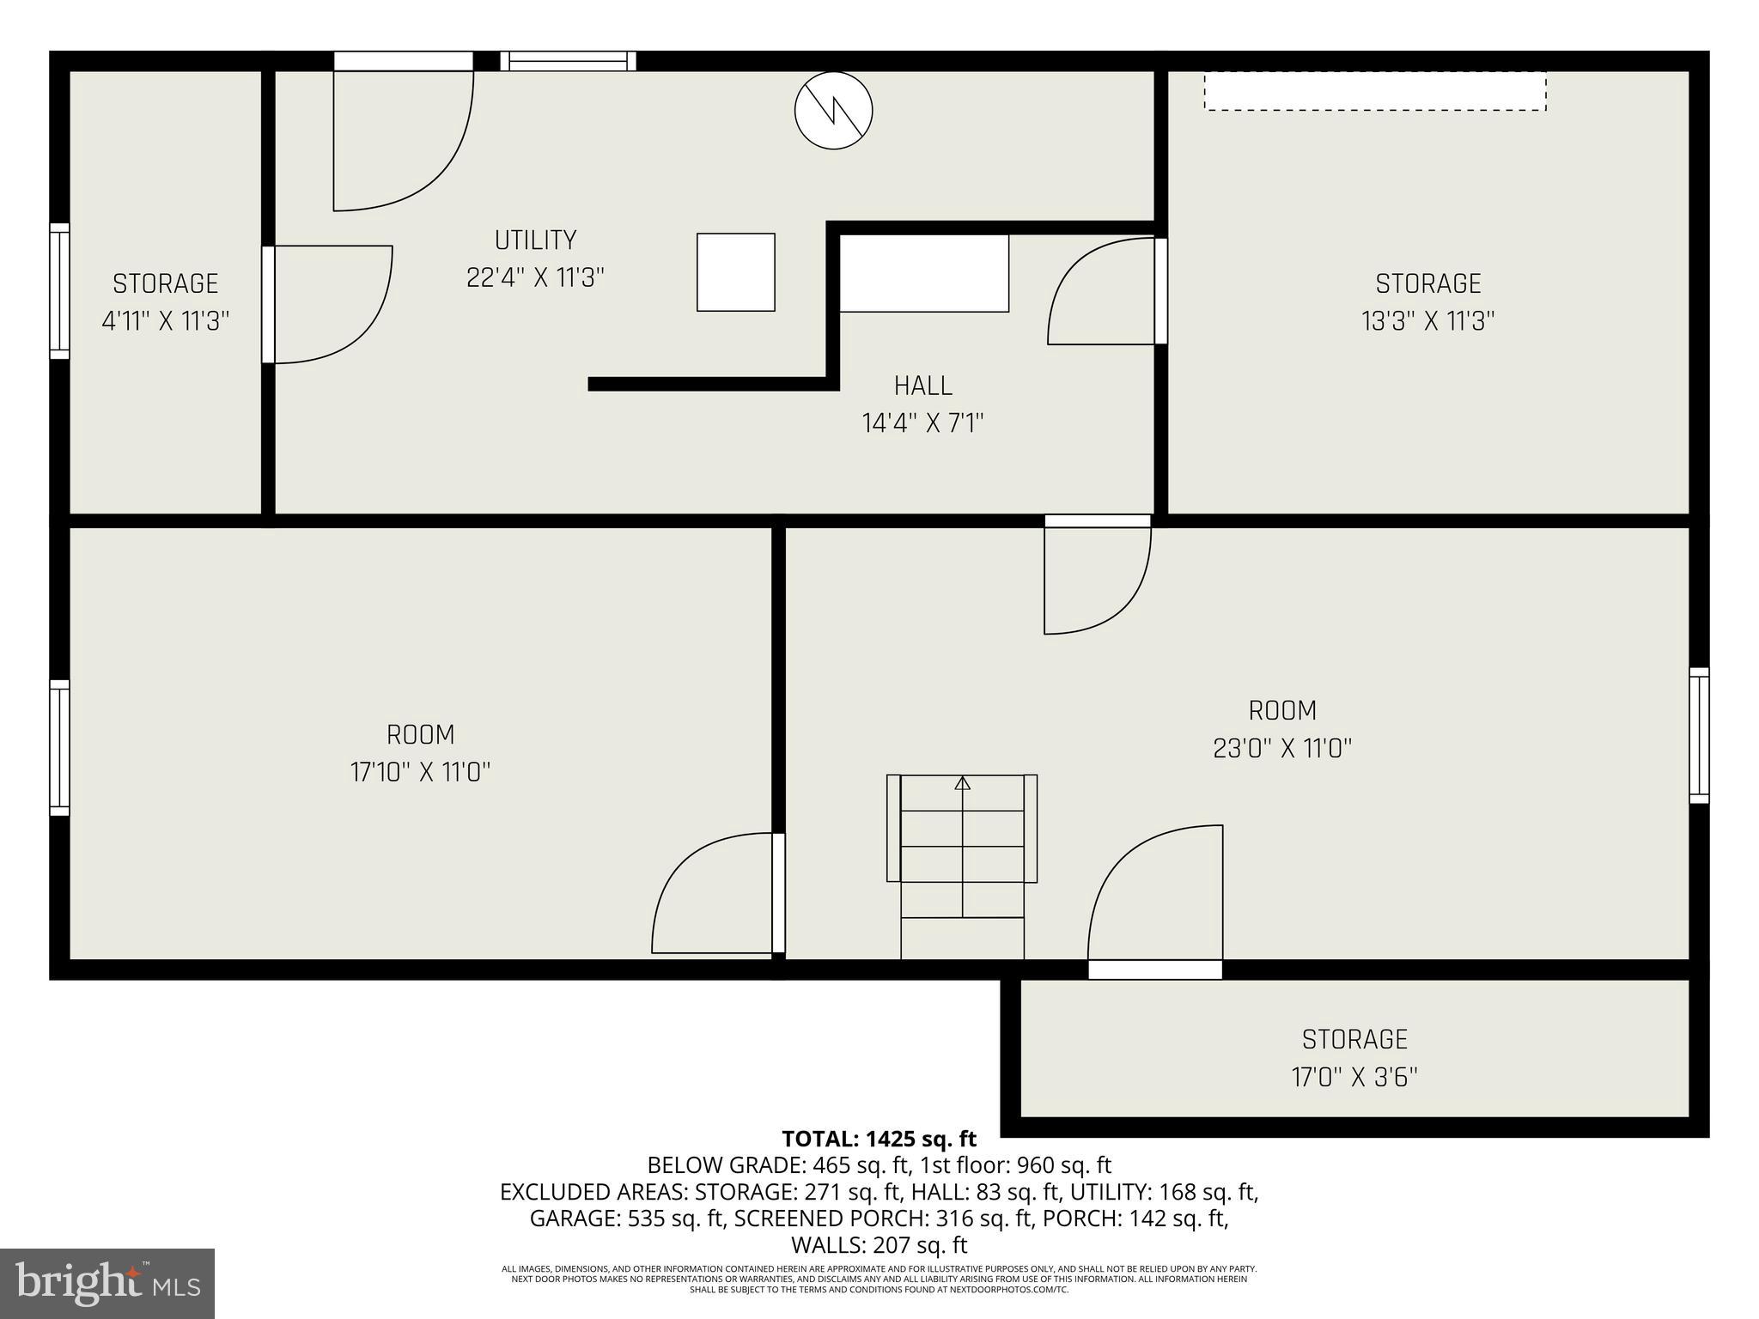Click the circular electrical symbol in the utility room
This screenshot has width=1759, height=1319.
coord(833,111)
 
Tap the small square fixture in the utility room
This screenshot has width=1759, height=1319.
coord(735,272)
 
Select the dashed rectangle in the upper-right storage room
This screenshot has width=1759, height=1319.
coord(1374,91)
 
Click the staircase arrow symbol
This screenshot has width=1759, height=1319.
coord(963,783)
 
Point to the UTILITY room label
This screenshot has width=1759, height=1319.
coord(535,240)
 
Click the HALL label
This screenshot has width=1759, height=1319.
coord(923,386)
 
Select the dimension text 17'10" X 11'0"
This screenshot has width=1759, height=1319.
coord(420,772)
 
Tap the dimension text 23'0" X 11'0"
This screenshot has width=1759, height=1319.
coord(1282,748)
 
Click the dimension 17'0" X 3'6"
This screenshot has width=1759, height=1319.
coord(1354,1077)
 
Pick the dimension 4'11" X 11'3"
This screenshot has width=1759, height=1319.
coord(166,321)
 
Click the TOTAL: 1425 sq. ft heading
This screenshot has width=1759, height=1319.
coord(879,1139)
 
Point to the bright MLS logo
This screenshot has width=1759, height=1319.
coord(107,1283)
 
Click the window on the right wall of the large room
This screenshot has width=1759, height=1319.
coord(1699,735)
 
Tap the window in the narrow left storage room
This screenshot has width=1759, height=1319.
coord(59,291)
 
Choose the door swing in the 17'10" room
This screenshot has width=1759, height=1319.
coord(713,893)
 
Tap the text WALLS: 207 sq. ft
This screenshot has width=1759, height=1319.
coord(879,1244)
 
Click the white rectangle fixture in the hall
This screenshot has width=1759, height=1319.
coord(923,273)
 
